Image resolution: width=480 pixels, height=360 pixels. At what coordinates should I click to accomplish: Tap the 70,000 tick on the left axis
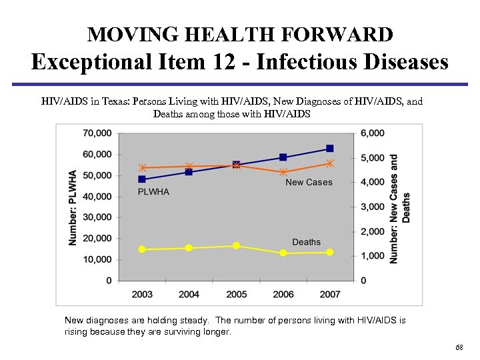[x=97, y=133]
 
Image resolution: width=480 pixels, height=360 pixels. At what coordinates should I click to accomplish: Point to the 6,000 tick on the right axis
[x=373, y=133]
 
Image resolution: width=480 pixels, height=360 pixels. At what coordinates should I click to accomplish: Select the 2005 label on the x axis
[x=236, y=294]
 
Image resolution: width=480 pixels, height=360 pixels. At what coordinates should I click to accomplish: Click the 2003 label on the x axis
[x=142, y=294]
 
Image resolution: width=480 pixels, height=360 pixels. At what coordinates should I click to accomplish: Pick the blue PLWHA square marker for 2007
[x=330, y=148]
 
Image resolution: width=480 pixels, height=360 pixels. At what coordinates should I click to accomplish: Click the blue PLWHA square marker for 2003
[x=142, y=179]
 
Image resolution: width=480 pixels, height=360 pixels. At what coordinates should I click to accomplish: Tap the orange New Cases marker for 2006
[x=283, y=172]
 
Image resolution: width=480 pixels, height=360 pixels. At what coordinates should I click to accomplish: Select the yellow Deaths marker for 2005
[x=236, y=246]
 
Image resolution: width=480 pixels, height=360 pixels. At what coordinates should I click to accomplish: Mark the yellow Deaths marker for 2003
[x=142, y=249]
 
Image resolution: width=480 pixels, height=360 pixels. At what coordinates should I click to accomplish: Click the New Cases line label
[x=309, y=182]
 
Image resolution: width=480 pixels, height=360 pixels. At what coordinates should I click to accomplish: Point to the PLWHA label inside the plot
[x=153, y=192]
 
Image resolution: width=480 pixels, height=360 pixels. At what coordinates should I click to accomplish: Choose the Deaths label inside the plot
[x=306, y=242]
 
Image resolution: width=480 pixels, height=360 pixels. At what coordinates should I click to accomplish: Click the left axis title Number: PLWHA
[x=73, y=207]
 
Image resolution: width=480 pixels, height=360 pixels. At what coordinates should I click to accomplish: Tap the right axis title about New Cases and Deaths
[x=399, y=208]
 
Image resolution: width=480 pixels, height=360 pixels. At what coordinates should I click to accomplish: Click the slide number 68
[x=459, y=348]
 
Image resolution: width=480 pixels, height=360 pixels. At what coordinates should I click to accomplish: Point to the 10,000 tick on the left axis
[x=97, y=259]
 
